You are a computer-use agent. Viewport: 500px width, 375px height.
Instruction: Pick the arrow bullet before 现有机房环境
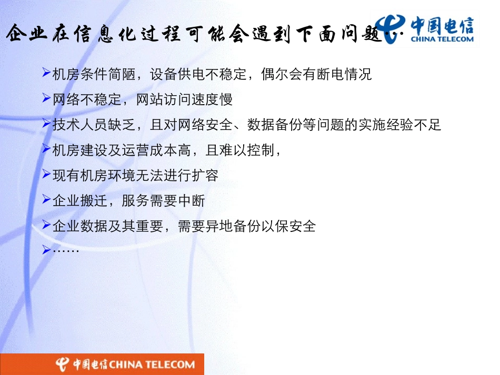46,174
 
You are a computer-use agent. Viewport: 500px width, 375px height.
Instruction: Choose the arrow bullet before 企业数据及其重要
46,225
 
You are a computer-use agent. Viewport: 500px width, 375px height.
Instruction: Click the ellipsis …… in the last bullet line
66,250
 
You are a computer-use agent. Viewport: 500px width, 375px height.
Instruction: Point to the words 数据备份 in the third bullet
275,125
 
